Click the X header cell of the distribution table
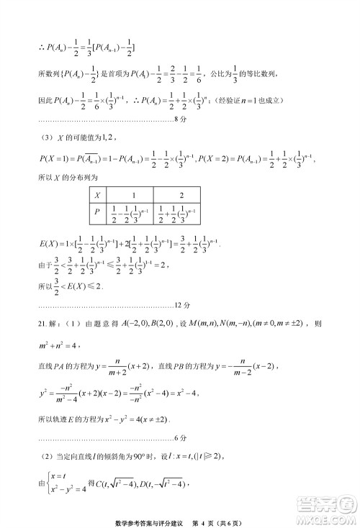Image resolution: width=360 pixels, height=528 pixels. pos(99,195)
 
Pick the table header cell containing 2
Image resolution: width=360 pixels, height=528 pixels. pos(180,195)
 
